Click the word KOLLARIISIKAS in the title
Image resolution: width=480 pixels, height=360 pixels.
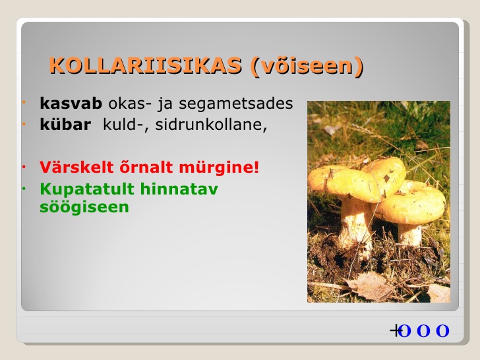[x=146, y=65]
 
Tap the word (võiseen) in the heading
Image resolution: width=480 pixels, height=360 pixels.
[x=307, y=65]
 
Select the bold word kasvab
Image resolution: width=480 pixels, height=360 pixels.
[x=71, y=104]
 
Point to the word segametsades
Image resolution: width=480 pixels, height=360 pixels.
[x=236, y=104]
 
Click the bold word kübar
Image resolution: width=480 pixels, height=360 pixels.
[x=65, y=124]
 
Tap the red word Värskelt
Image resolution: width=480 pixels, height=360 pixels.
[x=76, y=167]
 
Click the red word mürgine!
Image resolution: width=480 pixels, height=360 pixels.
[x=219, y=167]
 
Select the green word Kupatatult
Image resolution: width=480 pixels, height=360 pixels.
[x=87, y=189]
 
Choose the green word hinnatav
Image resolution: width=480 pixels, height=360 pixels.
[x=179, y=189]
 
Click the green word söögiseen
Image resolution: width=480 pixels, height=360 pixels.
[x=84, y=207]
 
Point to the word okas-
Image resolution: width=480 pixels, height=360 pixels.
[x=130, y=104]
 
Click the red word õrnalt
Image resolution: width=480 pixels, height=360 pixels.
[x=146, y=167]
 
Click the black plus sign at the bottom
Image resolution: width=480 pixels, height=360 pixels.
[x=395, y=330]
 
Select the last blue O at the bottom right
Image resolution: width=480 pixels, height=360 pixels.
[x=442, y=331]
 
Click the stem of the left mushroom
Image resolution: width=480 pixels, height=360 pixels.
[x=355, y=223]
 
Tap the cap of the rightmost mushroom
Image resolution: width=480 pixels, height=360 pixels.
[x=411, y=202]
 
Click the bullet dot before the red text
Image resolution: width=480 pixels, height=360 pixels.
[x=24, y=167]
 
